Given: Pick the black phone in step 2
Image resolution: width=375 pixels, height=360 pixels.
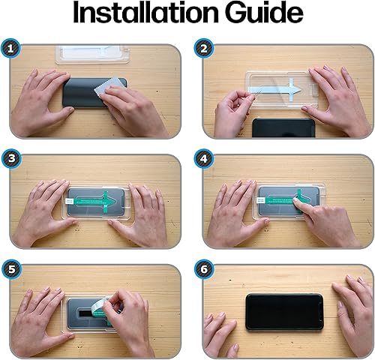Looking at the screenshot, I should point(283,128).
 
